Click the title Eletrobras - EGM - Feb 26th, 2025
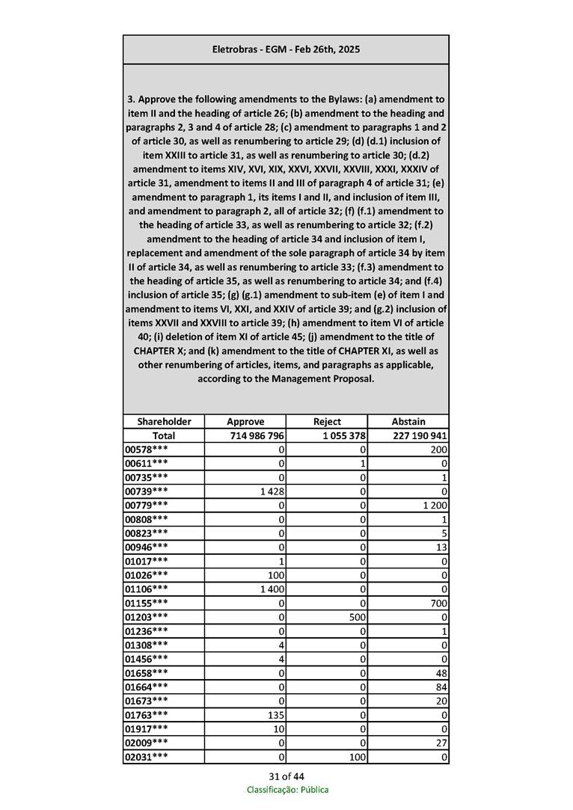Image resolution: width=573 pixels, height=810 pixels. tap(286, 49)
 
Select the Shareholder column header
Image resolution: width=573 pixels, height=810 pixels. tap(164, 421)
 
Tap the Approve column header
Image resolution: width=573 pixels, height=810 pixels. tap(245, 421)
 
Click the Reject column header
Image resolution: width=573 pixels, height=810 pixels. tap(327, 421)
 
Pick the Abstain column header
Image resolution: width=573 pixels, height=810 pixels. tap(408, 421)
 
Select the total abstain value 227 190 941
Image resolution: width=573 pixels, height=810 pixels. tap(420, 435)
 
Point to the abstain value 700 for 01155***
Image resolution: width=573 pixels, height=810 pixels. tap(438, 603)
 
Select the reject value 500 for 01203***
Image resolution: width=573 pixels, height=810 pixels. tap(357, 617)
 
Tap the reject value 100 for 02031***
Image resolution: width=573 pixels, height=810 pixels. tap(357, 757)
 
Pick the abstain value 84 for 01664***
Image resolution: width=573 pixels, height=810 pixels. tap(441, 687)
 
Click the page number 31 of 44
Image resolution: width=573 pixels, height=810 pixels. tap(286, 776)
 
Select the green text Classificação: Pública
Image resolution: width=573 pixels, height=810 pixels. tap(287, 790)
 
